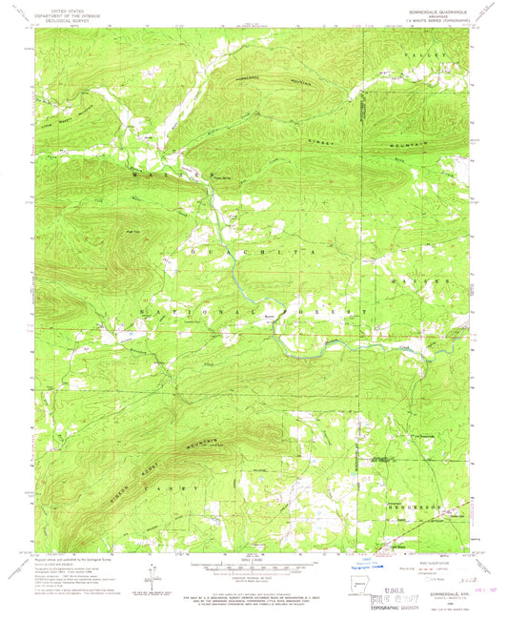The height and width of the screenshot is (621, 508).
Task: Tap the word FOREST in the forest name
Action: [315, 312]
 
